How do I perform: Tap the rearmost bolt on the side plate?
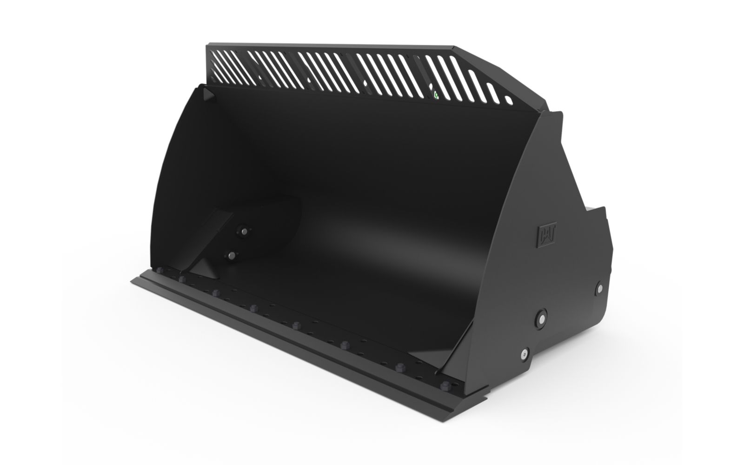[600, 288]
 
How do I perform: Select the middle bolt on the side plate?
[541, 319]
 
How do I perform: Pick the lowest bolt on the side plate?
[525, 354]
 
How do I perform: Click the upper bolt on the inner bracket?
[244, 231]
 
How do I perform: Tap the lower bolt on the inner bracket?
[231, 255]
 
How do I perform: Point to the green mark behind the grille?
[436, 95]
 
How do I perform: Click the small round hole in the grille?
[509, 100]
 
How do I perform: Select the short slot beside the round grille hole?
[493, 93]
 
